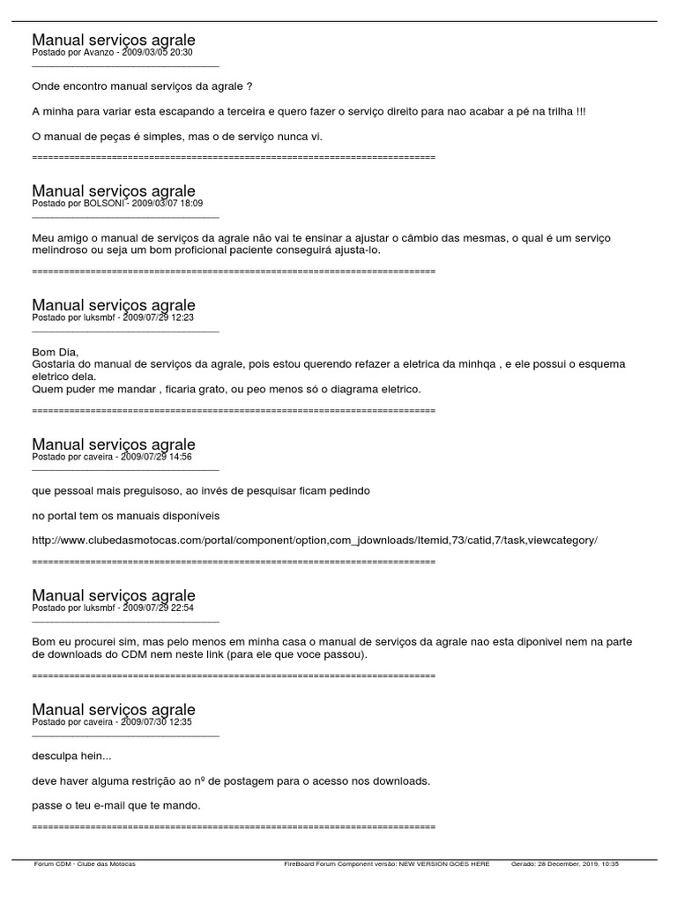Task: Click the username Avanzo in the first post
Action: point(98,53)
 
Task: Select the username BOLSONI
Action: point(104,204)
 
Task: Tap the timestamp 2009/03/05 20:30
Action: point(157,53)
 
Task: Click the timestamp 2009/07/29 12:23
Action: point(158,317)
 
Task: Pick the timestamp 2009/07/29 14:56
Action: point(156,457)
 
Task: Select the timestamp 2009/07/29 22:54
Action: point(158,608)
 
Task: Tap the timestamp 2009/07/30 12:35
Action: point(156,721)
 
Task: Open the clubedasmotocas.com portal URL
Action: point(314,540)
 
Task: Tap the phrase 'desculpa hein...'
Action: point(71,756)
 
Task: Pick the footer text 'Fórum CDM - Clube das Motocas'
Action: point(85,864)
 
